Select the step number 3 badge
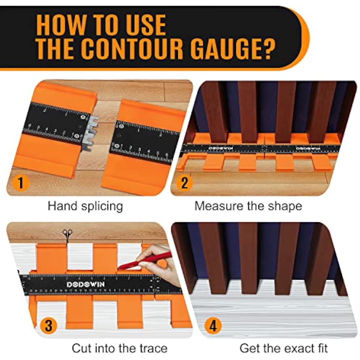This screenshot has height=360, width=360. [48, 326]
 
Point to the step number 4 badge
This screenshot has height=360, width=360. [213, 326]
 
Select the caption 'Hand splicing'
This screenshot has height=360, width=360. [85, 206]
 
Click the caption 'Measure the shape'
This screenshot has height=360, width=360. [248, 206]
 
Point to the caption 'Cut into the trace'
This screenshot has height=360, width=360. [119, 348]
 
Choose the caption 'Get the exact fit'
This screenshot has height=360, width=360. [283, 348]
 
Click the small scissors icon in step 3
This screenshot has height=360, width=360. [67, 234]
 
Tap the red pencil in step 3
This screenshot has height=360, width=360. [144, 261]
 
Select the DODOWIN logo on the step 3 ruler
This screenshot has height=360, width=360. [81, 284]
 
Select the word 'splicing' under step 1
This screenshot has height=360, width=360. [102, 207]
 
